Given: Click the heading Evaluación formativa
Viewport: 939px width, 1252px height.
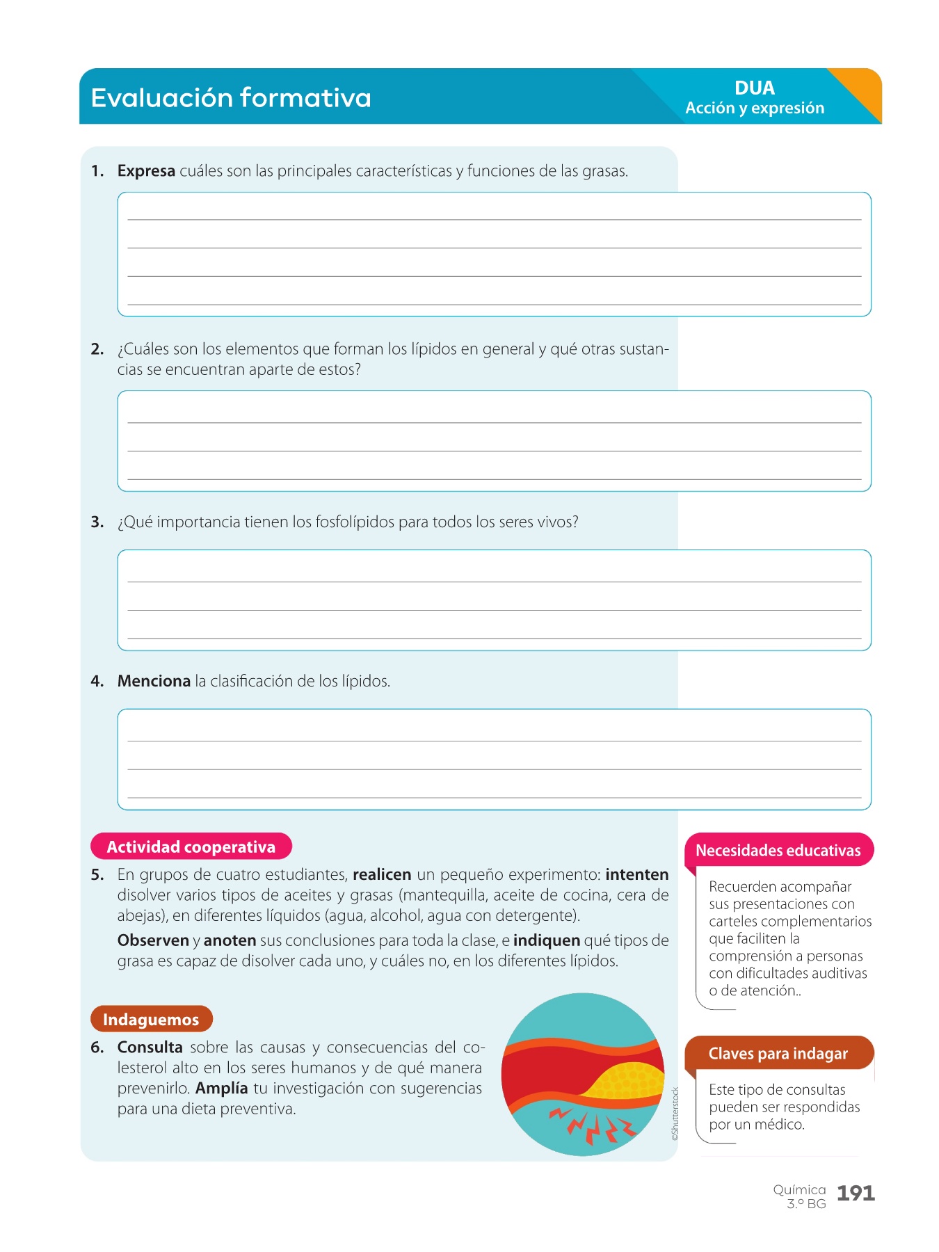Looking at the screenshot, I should tap(231, 97).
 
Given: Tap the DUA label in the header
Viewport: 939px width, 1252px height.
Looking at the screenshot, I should tap(754, 88).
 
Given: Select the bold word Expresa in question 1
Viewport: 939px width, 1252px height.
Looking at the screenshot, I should tap(146, 171).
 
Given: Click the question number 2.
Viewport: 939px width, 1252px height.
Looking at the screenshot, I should tap(97, 349).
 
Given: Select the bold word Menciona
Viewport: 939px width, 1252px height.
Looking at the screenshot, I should tap(154, 681).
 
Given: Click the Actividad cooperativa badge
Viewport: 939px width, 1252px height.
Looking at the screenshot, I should tap(191, 846).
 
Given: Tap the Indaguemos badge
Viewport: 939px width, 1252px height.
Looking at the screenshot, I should tap(151, 1020).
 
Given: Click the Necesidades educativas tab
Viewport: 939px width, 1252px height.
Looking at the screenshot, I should tap(778, 850).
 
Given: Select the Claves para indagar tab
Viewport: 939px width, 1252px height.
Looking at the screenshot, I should tap(778, 1054).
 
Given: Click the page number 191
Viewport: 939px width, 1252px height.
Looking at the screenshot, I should tap(856, 1194).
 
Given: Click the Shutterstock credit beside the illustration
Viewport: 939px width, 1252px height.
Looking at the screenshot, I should tap(675, 1114).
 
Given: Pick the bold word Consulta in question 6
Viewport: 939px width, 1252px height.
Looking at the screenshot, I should tap(150, 1048).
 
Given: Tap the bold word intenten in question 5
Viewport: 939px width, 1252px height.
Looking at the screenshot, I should tap(636, 875).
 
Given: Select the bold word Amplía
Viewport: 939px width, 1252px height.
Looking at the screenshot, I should tap(221, 1089).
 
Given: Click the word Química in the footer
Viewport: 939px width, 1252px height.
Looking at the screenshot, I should tap(799, 1190).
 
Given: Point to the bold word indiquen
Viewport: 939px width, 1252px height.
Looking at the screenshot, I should tap(547, 941).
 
